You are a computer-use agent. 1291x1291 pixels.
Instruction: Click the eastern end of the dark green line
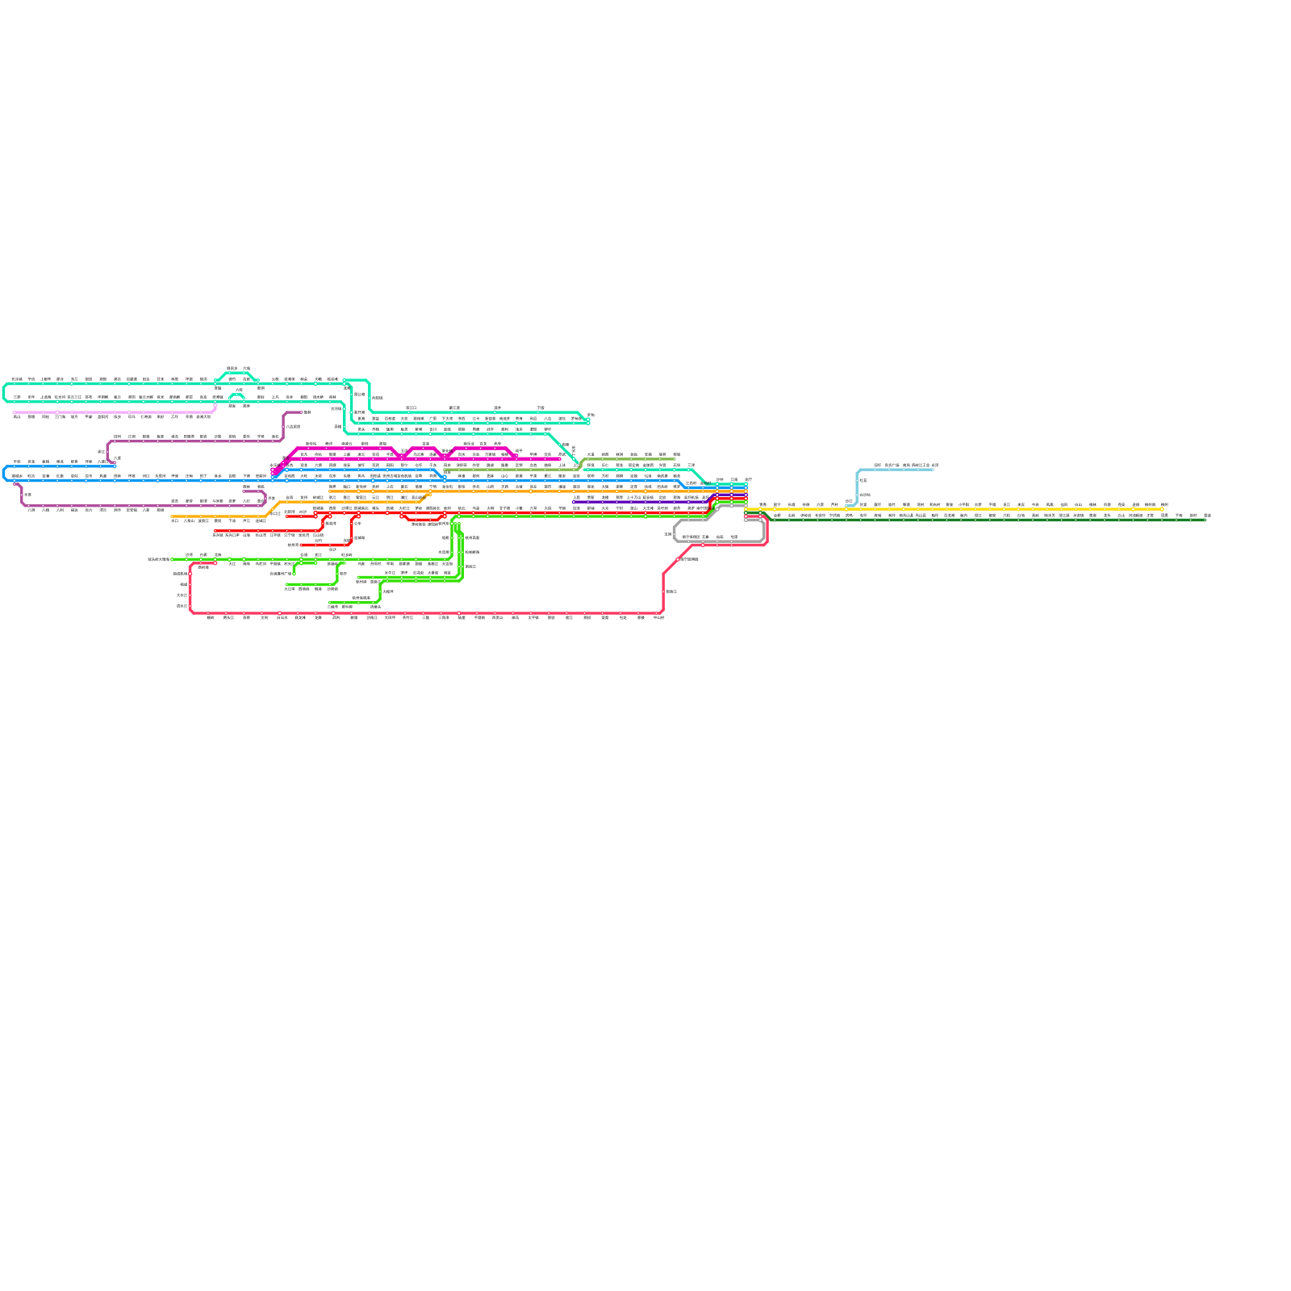[1205, 520]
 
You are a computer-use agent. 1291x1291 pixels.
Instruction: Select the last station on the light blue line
[934, 470]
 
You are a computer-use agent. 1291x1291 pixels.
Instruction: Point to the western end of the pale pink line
[15, 412]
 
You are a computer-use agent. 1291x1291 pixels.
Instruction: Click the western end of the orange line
[172, 516]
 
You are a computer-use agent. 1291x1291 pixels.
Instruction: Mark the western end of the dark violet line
[574, 502]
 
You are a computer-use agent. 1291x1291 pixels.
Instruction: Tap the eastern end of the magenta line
[559, 459]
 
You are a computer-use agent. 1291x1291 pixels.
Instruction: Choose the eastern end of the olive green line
[675, 460]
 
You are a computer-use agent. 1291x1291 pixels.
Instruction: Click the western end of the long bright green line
[172, 559]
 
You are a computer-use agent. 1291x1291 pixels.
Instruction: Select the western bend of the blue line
[4, 473]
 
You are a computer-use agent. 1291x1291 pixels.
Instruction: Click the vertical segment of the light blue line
[857, 488]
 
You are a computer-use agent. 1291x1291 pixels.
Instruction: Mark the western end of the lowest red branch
[302, 545]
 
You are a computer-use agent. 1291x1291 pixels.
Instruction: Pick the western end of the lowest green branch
[330, 603]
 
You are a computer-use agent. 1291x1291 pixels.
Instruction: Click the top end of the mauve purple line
[302, 412]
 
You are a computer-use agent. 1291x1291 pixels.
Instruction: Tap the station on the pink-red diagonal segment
[678, 559]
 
